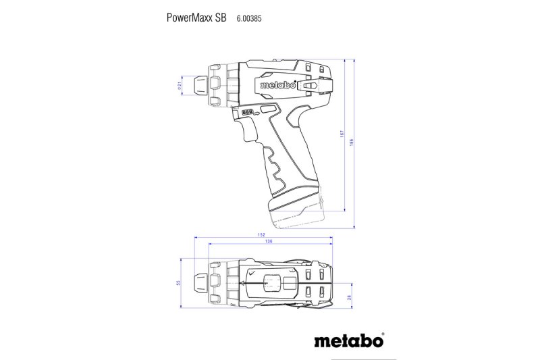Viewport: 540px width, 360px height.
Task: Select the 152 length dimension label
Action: (x=261, y=235)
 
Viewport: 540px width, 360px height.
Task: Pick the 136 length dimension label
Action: (x=269, y=242)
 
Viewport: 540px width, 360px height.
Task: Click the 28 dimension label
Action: (x=350, y=297)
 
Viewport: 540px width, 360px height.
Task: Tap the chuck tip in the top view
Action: (x=200, y=283)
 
